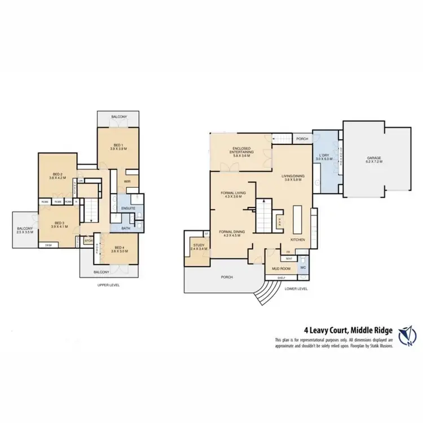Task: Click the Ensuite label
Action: click(127, 209)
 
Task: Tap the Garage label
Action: click(374, 158)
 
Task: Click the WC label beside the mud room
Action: click(303, 268)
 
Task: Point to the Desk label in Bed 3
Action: click(49, 245)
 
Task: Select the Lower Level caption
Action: click(297, 288)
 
